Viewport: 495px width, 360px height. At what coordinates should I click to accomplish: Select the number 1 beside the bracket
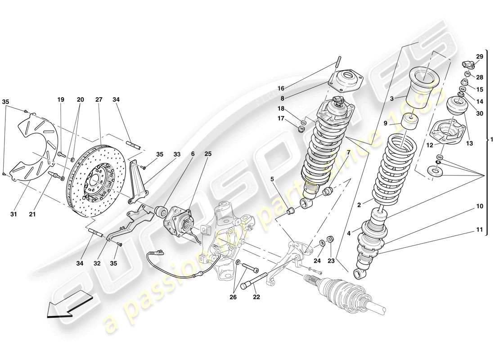(x=491, y=140)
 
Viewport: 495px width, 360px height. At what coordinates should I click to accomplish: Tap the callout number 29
(x=479, y=56)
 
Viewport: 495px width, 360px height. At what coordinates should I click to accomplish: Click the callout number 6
(x=193, y=154)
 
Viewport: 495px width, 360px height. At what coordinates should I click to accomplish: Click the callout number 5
(x=273, y=179)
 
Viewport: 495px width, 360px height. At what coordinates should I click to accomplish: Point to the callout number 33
(x=177, y=154)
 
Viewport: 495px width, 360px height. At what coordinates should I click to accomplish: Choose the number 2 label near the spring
(x=359, y=205)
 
